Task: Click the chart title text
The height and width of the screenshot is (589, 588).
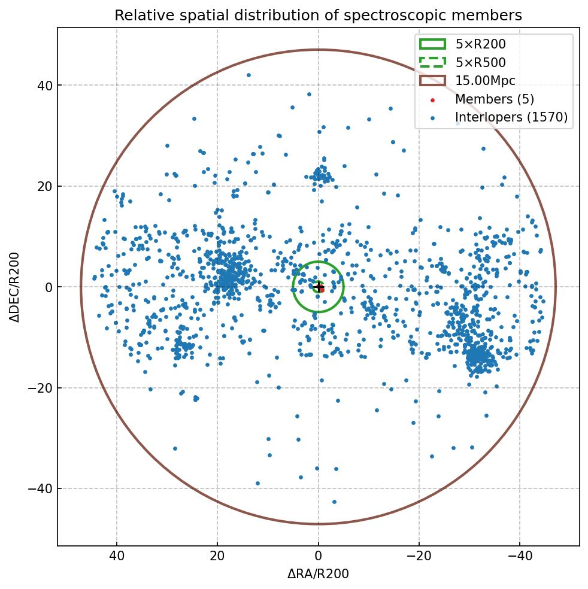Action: click(318, 15)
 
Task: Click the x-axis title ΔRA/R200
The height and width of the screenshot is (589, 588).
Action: click(318, 574)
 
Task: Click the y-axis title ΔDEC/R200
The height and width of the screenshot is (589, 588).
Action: click(15, 287)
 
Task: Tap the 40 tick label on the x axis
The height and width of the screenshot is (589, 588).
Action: click(117, 556)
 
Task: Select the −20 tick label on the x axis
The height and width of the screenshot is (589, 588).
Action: click(419, 556)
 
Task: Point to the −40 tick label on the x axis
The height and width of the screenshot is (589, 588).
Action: click(519, 556)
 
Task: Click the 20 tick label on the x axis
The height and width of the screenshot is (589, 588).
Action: click(217, 556)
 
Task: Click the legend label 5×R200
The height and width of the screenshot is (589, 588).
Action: click(480, 44)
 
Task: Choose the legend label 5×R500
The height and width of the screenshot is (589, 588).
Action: click(480, 62)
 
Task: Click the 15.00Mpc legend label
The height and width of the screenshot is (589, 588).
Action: click(485, 81)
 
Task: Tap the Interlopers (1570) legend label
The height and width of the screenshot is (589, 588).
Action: click(511, 117)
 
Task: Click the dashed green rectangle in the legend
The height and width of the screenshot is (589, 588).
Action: click(432, 62)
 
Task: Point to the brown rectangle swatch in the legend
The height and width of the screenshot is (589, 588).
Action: click(432, 81)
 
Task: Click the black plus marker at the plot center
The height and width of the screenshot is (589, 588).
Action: click(318, 287)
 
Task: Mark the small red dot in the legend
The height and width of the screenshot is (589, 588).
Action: click(433, 99)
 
